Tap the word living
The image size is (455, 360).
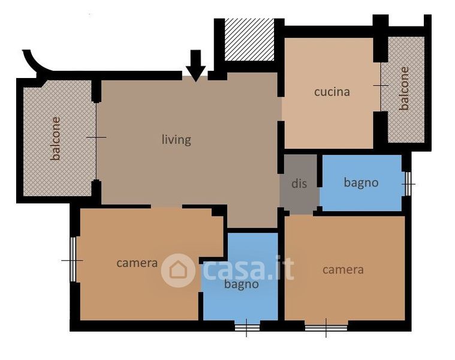[176, 140]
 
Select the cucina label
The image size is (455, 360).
[332, 92]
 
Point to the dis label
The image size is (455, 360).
[299, 184]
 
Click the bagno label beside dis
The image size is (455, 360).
[361, 183]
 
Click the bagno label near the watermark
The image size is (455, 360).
[241, 284]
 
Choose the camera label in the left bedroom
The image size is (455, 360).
[137, 263]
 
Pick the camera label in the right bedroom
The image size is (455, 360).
[343, 270]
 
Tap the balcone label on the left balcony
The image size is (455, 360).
[55, 139]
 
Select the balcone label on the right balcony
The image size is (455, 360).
[404, 89]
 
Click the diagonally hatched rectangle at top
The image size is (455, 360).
[249, 40]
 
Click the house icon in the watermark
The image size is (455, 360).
[178, 271]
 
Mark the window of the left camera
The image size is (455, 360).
[73, 259]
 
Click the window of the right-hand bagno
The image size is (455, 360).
[408, 184]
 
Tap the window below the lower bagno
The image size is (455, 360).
[247, 328]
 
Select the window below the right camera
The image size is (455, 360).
[326, 328]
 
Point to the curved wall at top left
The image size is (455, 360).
[35, 62]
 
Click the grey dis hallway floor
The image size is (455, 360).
[300, 185]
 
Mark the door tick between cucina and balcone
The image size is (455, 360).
[381, 85]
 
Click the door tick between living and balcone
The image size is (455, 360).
[97, 137]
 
